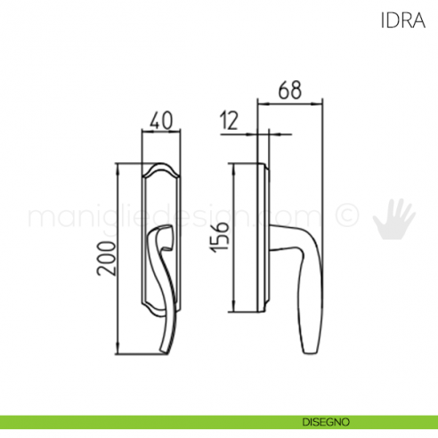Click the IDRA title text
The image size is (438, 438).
tap(403, 20)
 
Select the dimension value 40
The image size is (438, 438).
tap(161, 121)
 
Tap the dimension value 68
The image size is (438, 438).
tap(290, 90)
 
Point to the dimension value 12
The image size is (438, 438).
tap(229, 121)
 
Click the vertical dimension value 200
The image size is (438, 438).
tap(106, 259)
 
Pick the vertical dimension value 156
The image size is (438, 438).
tap(220, 238)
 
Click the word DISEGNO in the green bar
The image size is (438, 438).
tap(326, 422)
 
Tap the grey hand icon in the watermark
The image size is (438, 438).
tap(393, 219)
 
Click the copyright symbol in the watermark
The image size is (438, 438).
tap(347, 215)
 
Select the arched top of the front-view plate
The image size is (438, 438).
tap(161, 168)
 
